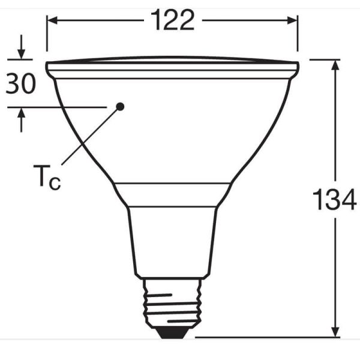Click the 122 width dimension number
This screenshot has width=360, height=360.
[172, 20]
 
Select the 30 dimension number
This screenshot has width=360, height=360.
[20, 83]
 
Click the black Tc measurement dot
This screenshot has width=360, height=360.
[120, 106]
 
